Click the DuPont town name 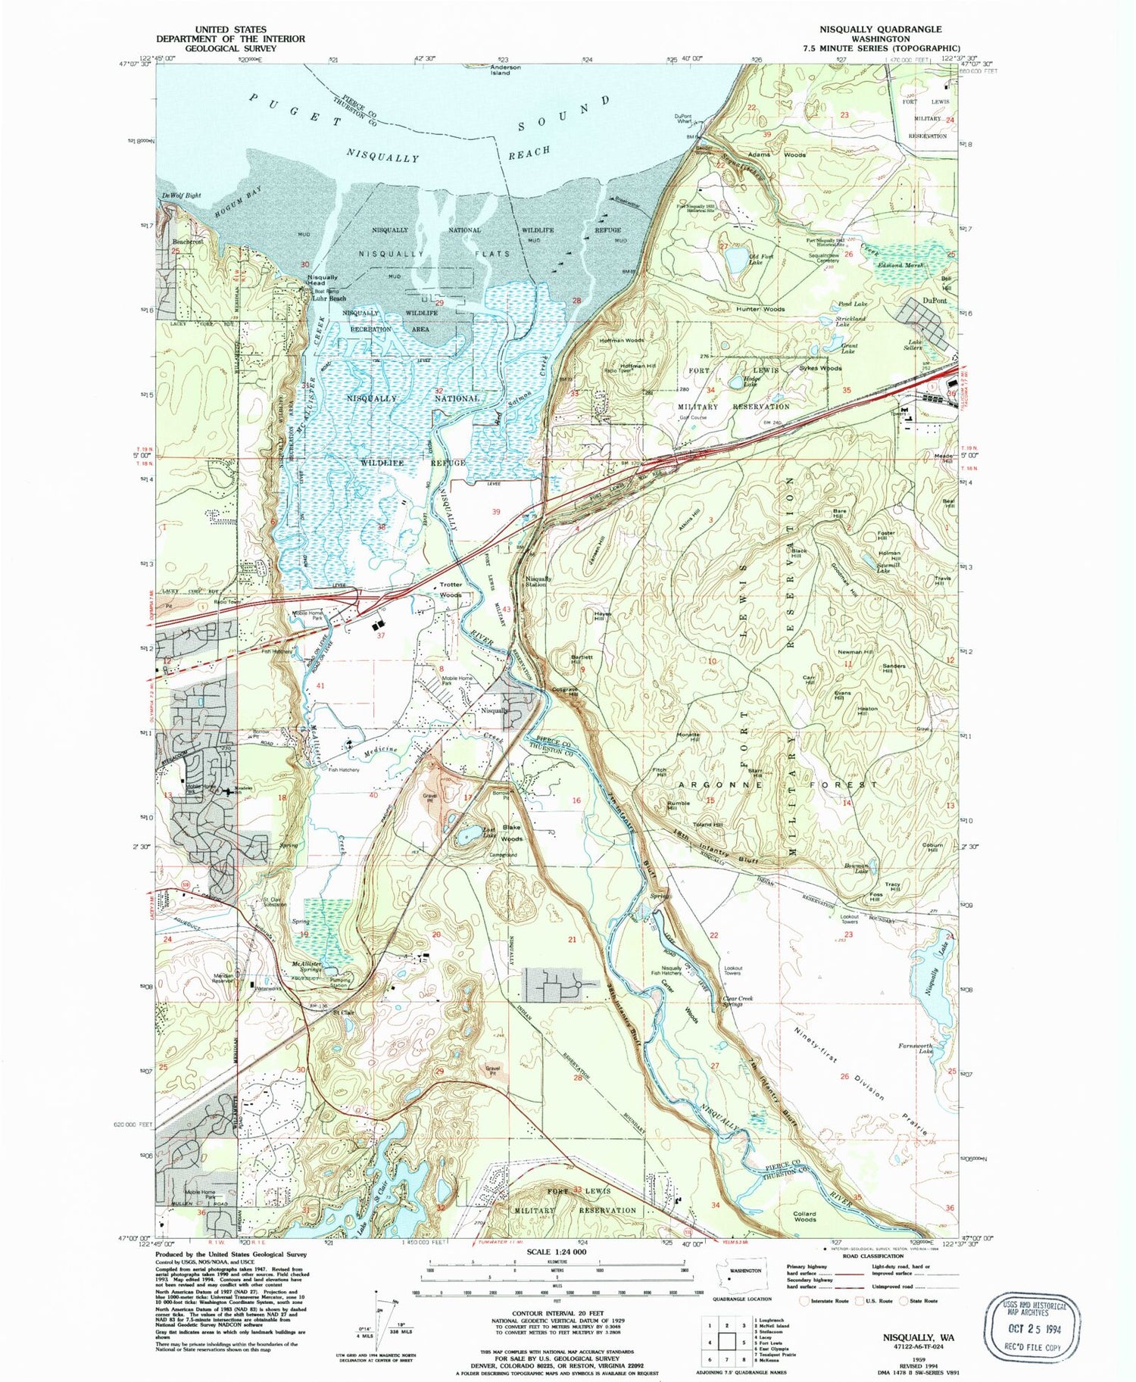(x=935, y=301)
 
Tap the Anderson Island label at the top (x=505, y=70)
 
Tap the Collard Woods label (x=804, y=1217)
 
